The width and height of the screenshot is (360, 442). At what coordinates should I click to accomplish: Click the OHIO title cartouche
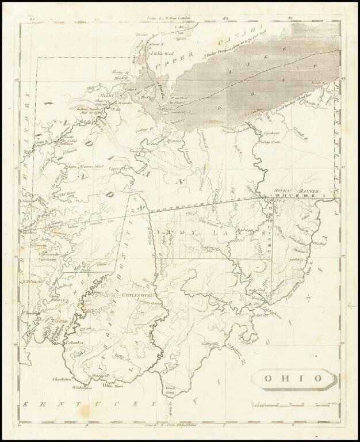click(293, 378)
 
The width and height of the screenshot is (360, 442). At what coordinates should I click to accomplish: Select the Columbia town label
click(75, 342)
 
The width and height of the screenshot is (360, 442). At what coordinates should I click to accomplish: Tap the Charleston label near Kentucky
click(62, 380)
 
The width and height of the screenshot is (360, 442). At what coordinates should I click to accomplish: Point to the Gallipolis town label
click(210, 344)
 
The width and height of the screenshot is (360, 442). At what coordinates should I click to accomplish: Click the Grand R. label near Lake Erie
click(315, 139)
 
